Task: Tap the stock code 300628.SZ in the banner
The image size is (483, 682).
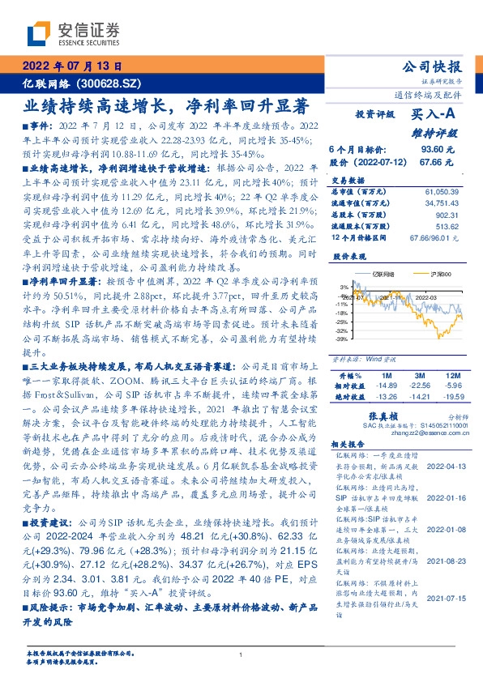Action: point(113,84)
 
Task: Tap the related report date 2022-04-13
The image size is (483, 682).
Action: point(444,467)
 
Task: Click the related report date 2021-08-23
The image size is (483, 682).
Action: point(444,559)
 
